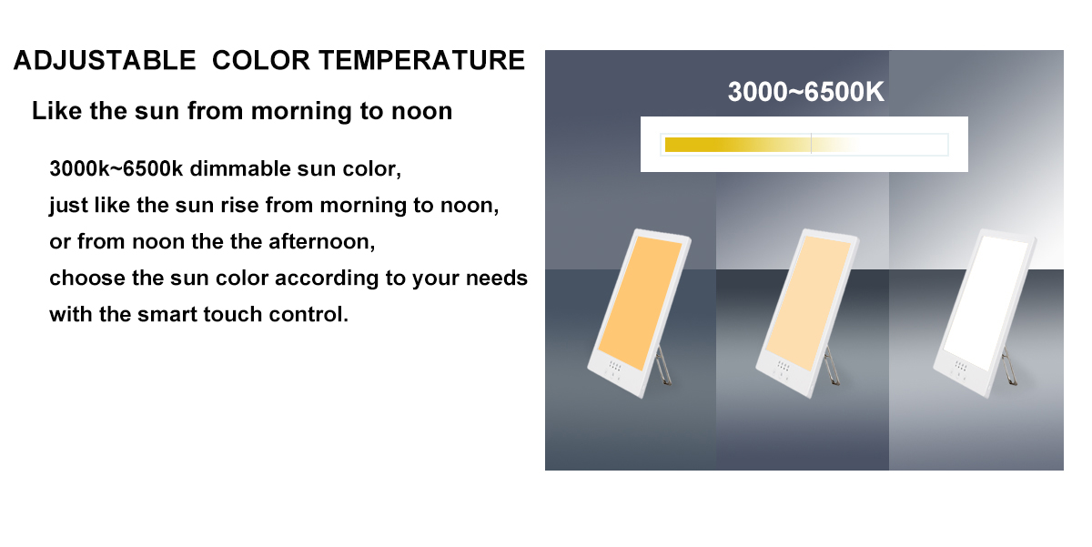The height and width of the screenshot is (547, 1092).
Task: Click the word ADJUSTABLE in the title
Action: tap(105, 60)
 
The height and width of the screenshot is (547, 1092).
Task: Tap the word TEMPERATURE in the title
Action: tap(422, 60)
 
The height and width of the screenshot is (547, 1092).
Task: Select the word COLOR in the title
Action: tap(261, 60)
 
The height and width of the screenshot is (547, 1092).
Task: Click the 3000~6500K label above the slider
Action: tap(805, 92)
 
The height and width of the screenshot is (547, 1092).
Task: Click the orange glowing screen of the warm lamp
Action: tap(640, 302)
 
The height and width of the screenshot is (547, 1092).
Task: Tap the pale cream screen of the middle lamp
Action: tap(808, 302)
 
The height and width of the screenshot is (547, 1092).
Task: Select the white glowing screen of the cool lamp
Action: tap(986, 302)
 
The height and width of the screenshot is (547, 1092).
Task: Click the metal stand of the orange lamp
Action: tap(663, 367)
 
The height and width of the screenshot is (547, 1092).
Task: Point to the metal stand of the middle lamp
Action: tap(832, 367)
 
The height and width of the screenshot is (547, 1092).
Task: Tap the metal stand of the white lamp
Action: tap(1009, 367)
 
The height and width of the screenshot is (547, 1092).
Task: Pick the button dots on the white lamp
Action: tap(960, 366)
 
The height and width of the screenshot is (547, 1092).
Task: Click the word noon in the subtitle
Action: tap(422, 111)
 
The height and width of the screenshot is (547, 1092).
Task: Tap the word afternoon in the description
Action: tap(322, 242)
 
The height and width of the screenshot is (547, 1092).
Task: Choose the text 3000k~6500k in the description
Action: tap(116, 168)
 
